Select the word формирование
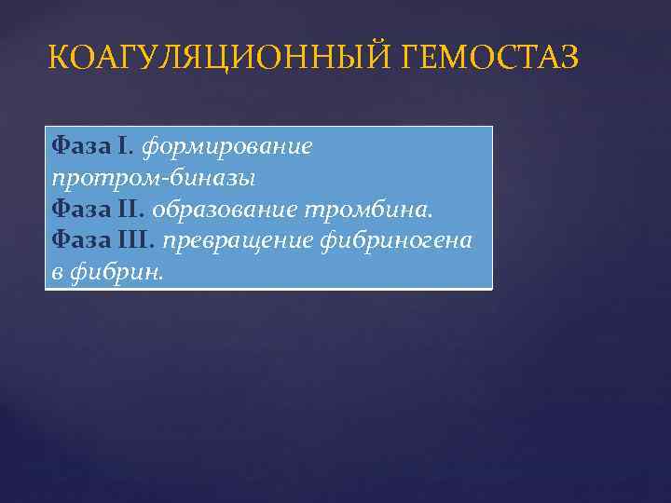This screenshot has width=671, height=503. point(227,146)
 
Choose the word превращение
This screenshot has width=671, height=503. point(239,241)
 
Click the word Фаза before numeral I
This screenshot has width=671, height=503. point(81,146)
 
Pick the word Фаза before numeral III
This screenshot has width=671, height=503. point(81,241)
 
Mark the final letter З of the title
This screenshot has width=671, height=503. point(568,59)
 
